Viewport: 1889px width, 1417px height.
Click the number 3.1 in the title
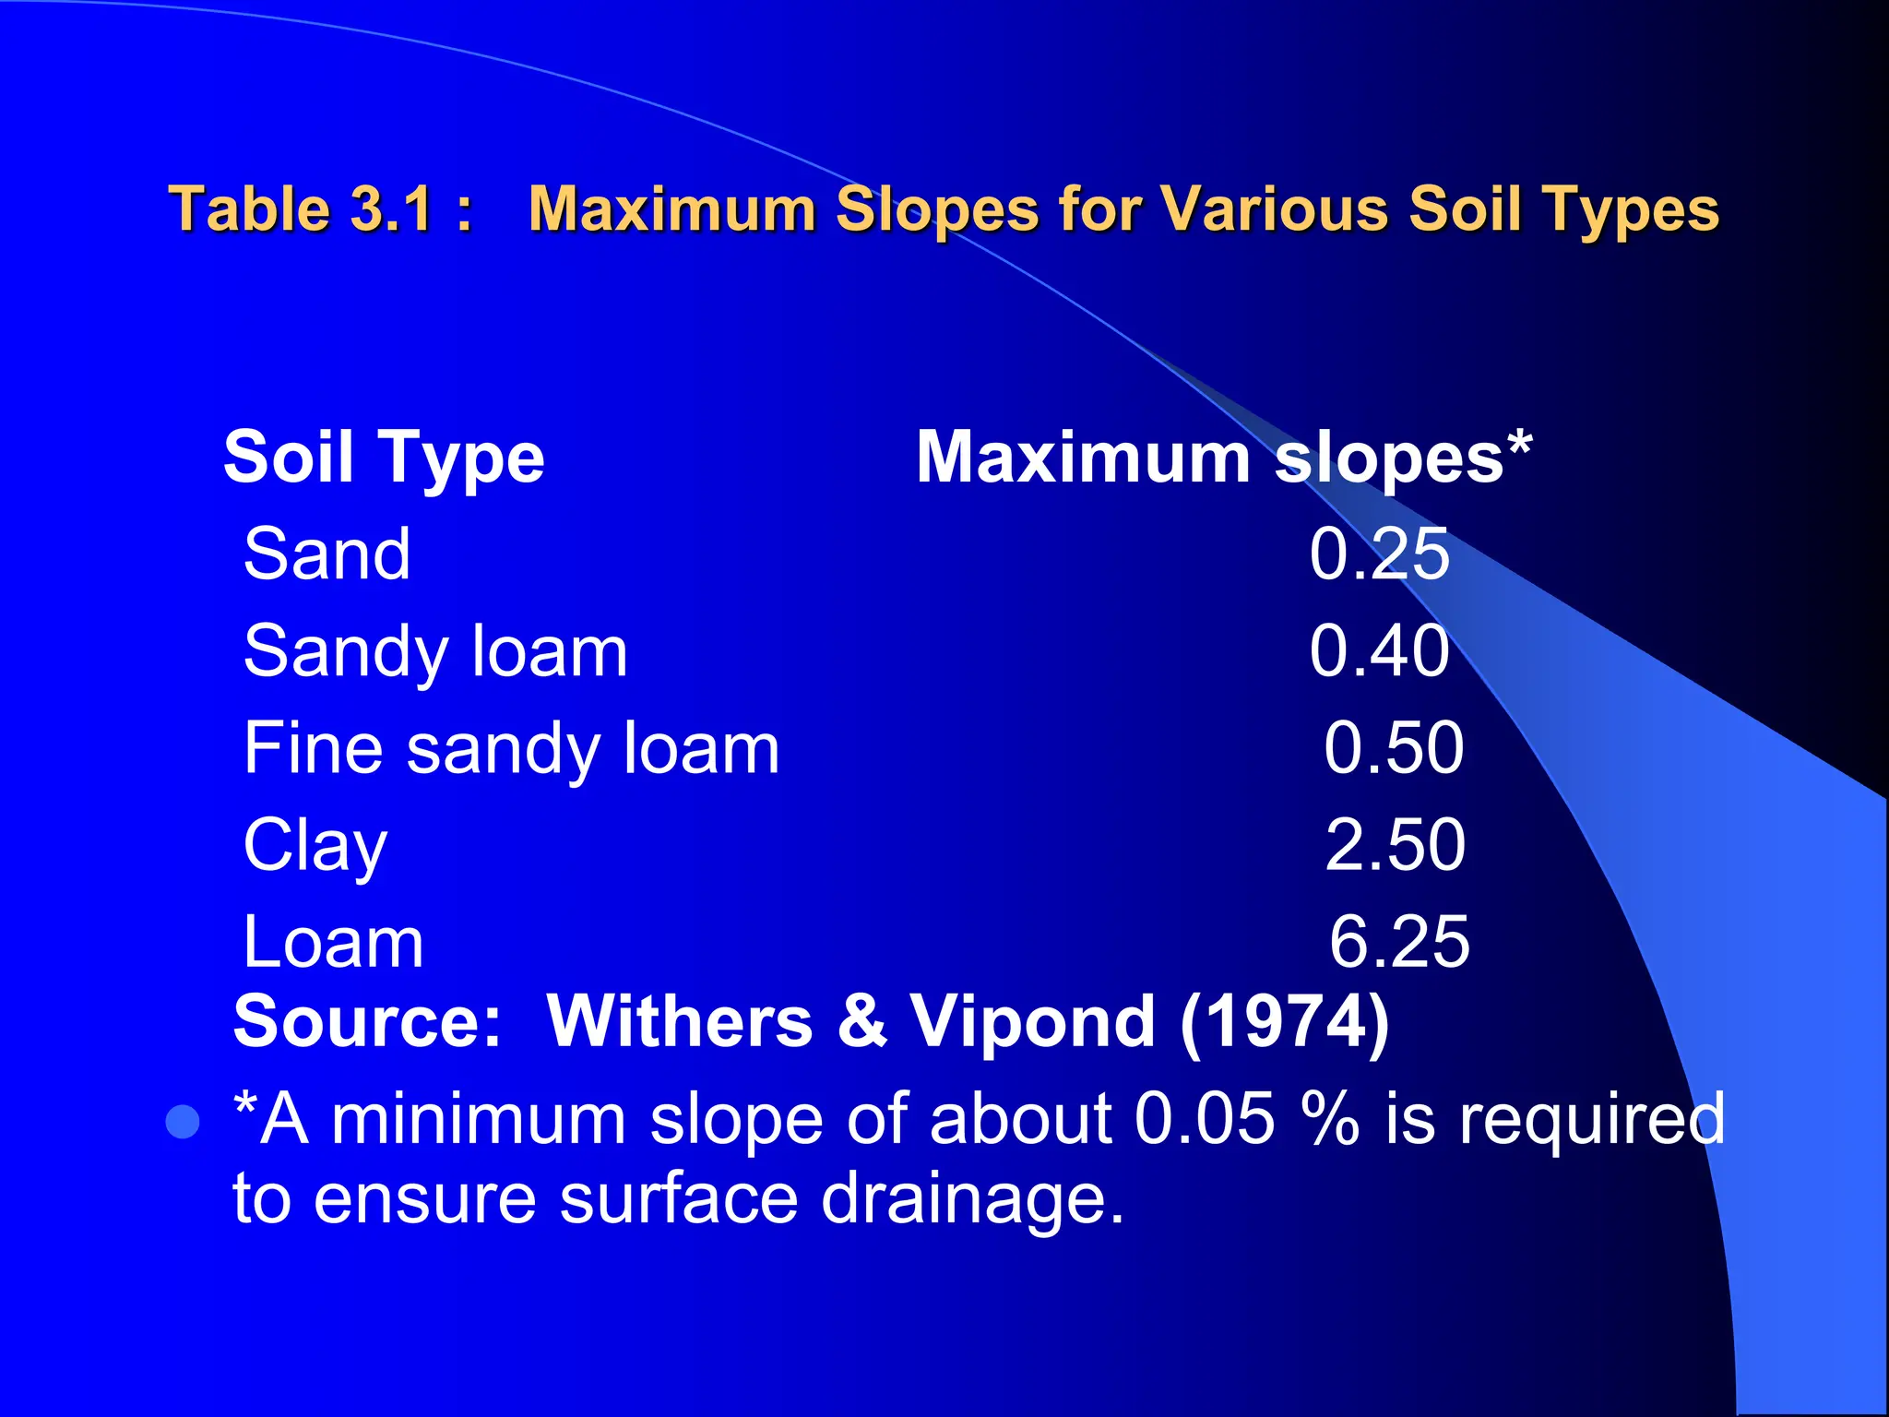point(393,208)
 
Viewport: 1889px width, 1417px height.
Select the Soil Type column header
point(384,458)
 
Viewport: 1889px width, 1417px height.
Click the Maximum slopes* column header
point(1223,458)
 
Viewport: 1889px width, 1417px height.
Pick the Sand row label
point(327,554)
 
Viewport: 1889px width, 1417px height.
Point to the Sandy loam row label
point(435,652)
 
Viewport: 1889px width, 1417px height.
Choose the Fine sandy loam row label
point(511,749)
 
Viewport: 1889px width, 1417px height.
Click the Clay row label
point(315,846)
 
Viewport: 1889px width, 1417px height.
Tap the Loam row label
point(333,943)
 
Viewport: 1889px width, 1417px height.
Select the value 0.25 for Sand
point(1379,554)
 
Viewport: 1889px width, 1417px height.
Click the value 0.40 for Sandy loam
point(1379,651)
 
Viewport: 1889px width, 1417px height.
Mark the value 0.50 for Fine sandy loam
point(1394,748)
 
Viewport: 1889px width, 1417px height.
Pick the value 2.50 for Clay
point(1395,845)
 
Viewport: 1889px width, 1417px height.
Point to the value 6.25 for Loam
point(1399,943)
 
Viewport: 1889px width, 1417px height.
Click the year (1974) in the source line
point(1285,1022)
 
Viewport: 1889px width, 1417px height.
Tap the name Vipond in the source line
point(1033,1022)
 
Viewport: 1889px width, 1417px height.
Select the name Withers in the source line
point(680,1022)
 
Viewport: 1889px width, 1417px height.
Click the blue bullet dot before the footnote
point(183,1122)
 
